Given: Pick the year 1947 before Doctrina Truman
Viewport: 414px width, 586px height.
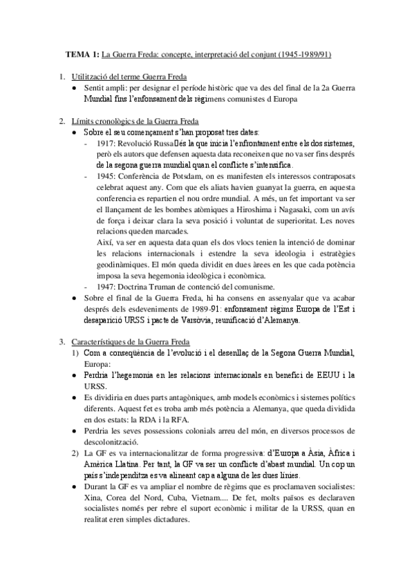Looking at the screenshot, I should point(111,286).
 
